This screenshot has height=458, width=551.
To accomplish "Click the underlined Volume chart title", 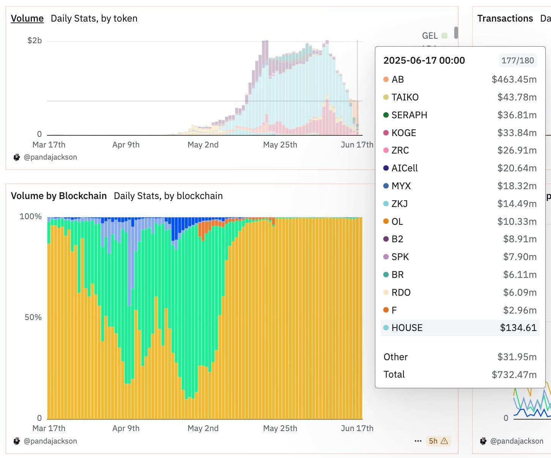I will [27, 19].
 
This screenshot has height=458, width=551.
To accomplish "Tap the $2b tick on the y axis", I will [34, 41].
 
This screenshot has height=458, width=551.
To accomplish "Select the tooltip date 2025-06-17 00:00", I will [424, 61].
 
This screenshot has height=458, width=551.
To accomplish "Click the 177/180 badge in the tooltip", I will [517, 61].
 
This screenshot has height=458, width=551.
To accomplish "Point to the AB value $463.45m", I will [514, 80].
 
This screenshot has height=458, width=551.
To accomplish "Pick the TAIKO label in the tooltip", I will [405, 97].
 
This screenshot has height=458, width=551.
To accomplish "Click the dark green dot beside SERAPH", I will [386, 115].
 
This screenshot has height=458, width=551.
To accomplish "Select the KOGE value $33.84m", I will [517, 133].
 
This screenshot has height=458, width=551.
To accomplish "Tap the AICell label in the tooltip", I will [405, 168].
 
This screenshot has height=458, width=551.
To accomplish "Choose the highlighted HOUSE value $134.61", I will [518, 328].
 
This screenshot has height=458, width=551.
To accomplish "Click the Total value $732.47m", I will [514, 375].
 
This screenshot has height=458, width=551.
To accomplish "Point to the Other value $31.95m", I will [517, 357].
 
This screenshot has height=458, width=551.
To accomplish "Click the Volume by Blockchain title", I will [59, 196].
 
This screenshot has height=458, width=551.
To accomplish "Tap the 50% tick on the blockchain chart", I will [33, 317].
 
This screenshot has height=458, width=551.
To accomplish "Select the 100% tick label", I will [30, 216].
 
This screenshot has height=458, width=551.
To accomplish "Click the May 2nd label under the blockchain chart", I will [203, 428].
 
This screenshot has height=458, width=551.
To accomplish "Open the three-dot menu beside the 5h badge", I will [418, 441].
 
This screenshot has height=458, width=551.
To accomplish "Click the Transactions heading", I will [505, 19].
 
